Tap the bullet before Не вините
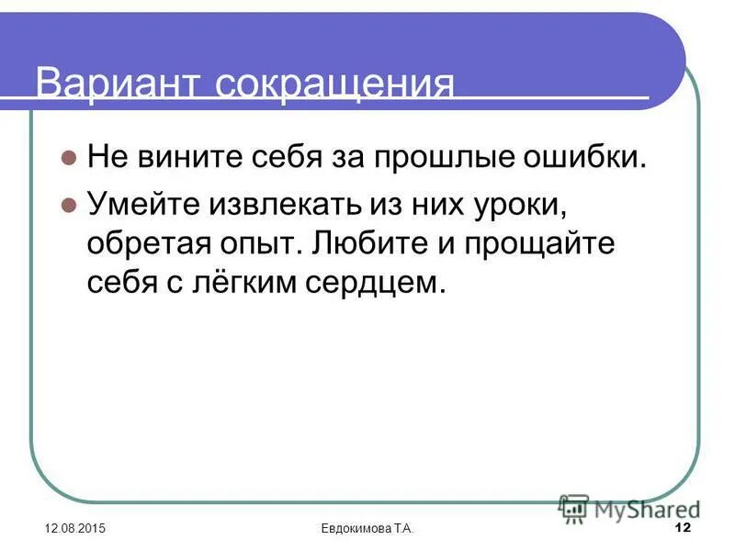coord(67,157)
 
